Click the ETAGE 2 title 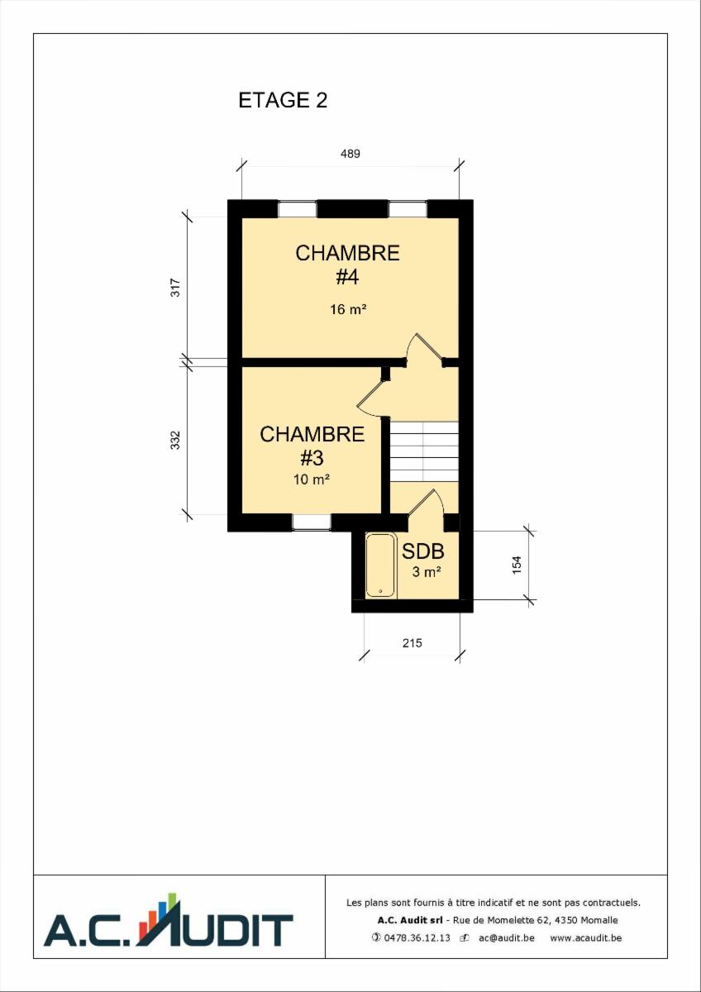click(283, 101)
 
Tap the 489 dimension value click(350, 154)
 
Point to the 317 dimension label click(176, 287)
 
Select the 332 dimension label click(176, 440)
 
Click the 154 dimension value click(517, 565)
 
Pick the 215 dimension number click(412, 642)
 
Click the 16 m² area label click(348, 309)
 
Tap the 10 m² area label click(312, 479)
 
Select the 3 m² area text click(427, 572)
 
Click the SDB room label click(423, 551)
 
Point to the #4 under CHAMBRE click(347, 277)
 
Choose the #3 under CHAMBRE click(312, 458)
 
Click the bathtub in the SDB click(380, 565)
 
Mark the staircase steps click(424, 451)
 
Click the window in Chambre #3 click(312, 522)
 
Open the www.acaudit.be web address click(586, 937)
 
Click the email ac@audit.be click(507, 937)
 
